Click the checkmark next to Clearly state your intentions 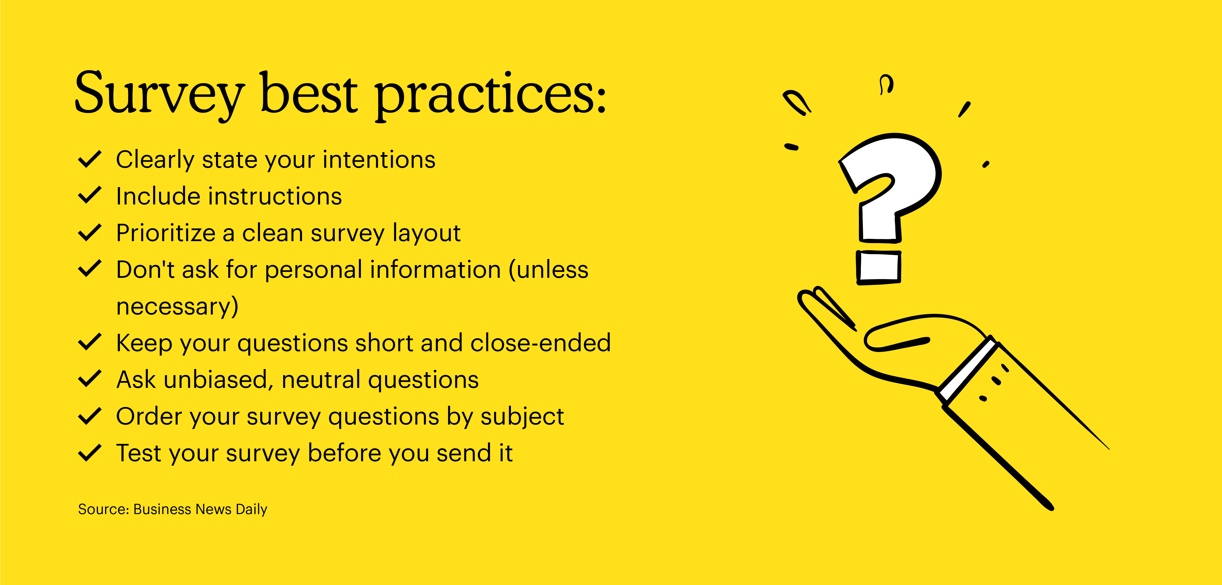89,159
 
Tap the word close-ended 540,343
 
